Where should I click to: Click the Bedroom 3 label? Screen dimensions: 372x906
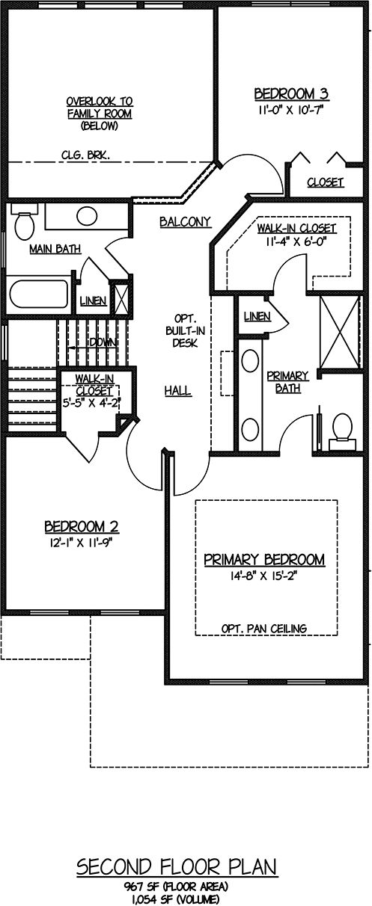pos(291,94)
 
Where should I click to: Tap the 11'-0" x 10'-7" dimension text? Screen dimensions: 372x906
pos(291,110)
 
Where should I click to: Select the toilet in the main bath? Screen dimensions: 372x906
pos(23,222)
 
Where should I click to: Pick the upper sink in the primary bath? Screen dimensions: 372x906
pos(250,361)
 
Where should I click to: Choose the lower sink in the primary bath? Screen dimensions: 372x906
pos(250,430)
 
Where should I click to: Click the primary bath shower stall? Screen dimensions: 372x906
pos(339,332)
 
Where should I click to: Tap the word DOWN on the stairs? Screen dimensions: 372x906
pos(103,342)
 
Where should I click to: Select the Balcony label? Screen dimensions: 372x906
pos(185,222)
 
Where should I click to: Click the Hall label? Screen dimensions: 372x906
pos(177,391)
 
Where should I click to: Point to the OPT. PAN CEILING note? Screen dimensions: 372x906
pos(264,629)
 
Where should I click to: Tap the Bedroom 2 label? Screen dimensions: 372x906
pos(82,526)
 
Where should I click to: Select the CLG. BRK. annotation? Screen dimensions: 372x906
pos(85,155)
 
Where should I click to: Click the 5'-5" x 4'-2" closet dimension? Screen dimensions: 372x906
pos(92,403)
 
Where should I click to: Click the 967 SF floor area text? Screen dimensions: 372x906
pos(176,887)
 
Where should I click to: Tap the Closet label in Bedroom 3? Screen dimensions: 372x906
pos(325,182)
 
